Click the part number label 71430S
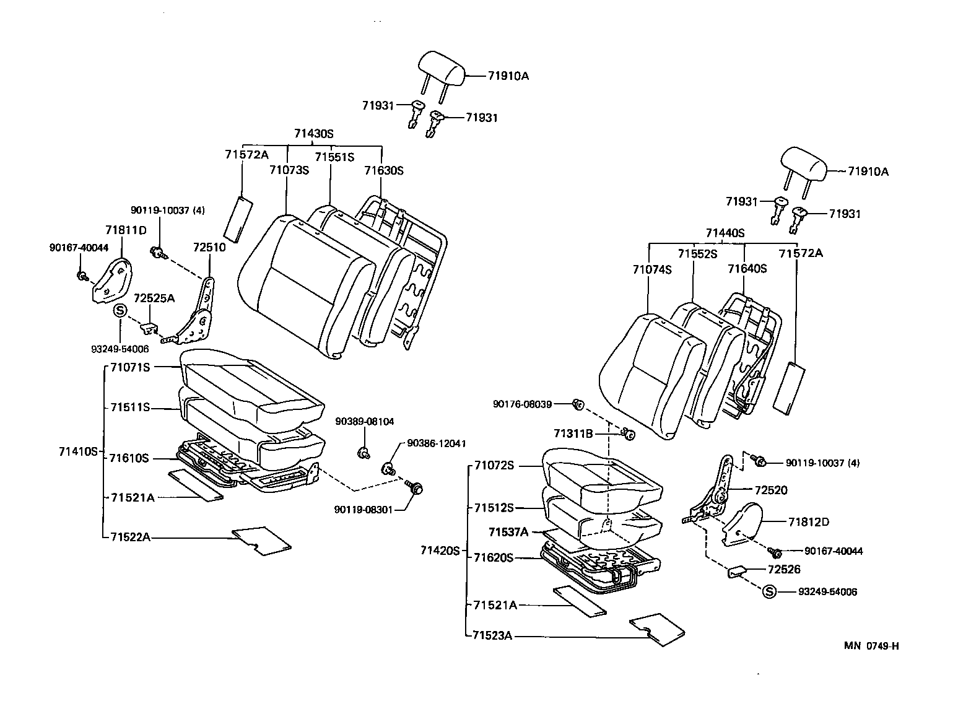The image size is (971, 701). pyautogui.click(x=314, y=133)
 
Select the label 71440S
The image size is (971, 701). pyautogui.click(x=725, y=233)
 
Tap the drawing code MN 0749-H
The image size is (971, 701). pyautogui.click(x=871, y=646)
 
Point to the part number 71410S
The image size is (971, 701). pyautogui.click(x=79, y=451)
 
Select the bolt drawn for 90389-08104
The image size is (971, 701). pyautogui.click(x=364, y=453)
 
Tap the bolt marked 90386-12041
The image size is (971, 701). pyautogui.click(x=389, y=468)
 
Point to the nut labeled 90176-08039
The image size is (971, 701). pyautogui.click(x=578, y=404)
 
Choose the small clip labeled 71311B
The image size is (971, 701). pyautogui.click(x=628, y=434)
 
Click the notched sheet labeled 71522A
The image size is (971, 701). pyautogui.click(x=261, y=540)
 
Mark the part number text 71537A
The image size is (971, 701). pyautogui.click(x=508, y=532)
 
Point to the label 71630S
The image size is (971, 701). pyautogui.click(x=383, y=170)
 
